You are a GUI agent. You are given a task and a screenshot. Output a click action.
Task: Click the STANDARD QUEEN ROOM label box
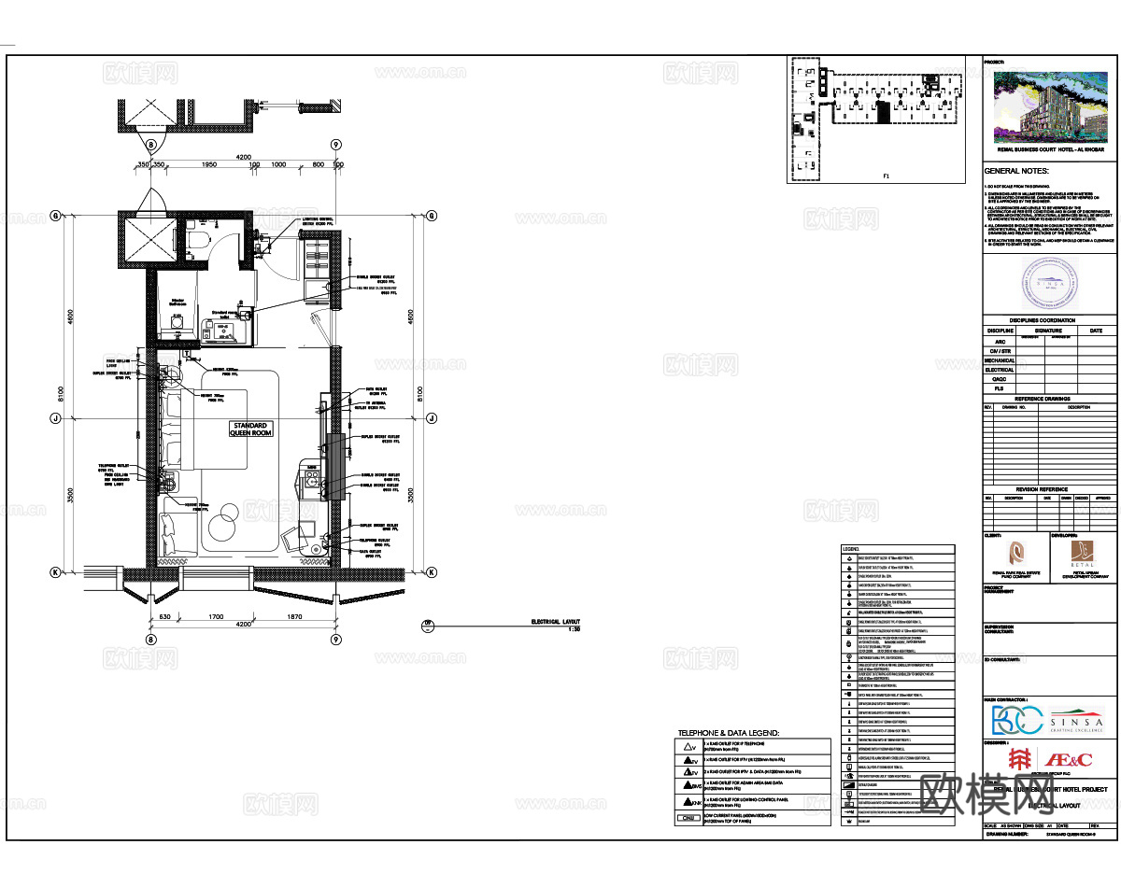click(x=250, y=429)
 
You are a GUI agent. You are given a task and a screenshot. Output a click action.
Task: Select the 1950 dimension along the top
click(x=209, y=164)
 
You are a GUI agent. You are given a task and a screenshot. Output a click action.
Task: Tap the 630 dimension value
click(x=163, y=617)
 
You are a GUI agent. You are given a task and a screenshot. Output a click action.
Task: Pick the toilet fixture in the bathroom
click(x=195, y=241)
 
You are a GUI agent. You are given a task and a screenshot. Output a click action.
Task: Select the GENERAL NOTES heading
click(x=1016, y=171)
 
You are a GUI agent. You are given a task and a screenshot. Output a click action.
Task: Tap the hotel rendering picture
click(x=1049, y=105)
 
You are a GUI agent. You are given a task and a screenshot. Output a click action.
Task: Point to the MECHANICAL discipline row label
click(x=1000, y=360)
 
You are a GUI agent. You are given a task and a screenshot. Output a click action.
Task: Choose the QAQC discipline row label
click(x=1000, y=380)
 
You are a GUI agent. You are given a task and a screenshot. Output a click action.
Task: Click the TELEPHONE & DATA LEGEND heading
click(x=728, y=733)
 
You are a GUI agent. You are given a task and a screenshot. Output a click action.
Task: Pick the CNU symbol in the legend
click(x=688, y=819)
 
